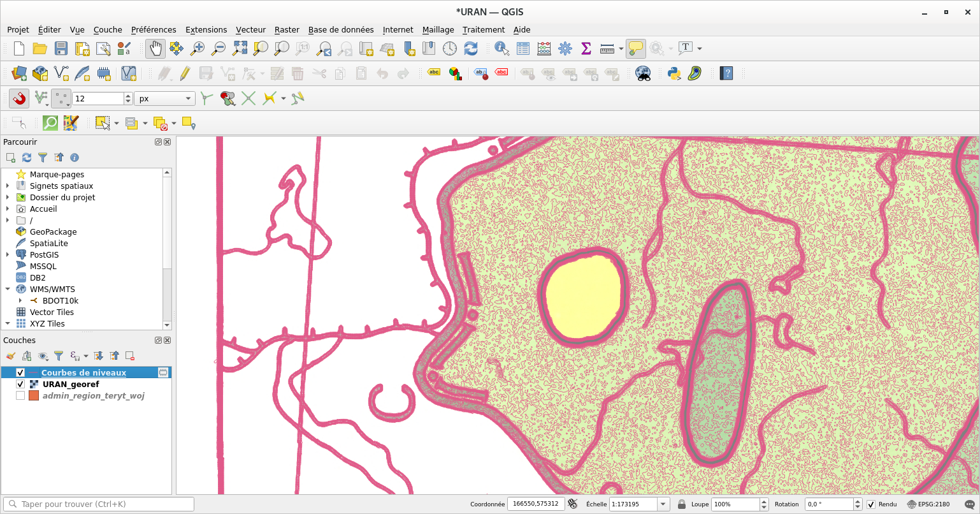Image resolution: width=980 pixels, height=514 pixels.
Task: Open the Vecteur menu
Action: (x=250, y=29)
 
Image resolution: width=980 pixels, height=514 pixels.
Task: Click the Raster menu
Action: (x=287, y=29)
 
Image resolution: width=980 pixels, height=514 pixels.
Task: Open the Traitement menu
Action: (x=483, y=29)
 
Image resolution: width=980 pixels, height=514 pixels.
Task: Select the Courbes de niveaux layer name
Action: (x=83, y=373)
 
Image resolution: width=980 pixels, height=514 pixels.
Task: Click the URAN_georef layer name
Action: (x=70, y=385)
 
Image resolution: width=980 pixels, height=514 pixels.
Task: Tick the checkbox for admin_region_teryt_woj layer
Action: (x=20, y=396)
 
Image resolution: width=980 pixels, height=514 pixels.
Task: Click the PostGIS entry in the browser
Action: (x=44, y=255)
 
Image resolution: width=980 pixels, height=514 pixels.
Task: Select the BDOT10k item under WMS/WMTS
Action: (x=60, y=301)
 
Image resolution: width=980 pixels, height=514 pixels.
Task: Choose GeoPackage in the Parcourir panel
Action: (x=53, y=232)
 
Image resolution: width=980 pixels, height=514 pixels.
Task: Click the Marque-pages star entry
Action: (x=57, y=175)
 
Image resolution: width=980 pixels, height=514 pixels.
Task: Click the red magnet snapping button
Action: (x=19, y=98)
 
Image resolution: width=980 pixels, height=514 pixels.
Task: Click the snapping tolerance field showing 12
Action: (x=97, y=99)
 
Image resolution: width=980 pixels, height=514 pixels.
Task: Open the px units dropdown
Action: (x=164, y=99)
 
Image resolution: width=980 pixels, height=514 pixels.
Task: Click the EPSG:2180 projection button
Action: (x=928, y=504)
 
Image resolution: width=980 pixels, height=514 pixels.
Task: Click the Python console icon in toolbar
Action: (x=674, y=73)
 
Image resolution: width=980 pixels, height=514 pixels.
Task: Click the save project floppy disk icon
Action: (x=61, y=48)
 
